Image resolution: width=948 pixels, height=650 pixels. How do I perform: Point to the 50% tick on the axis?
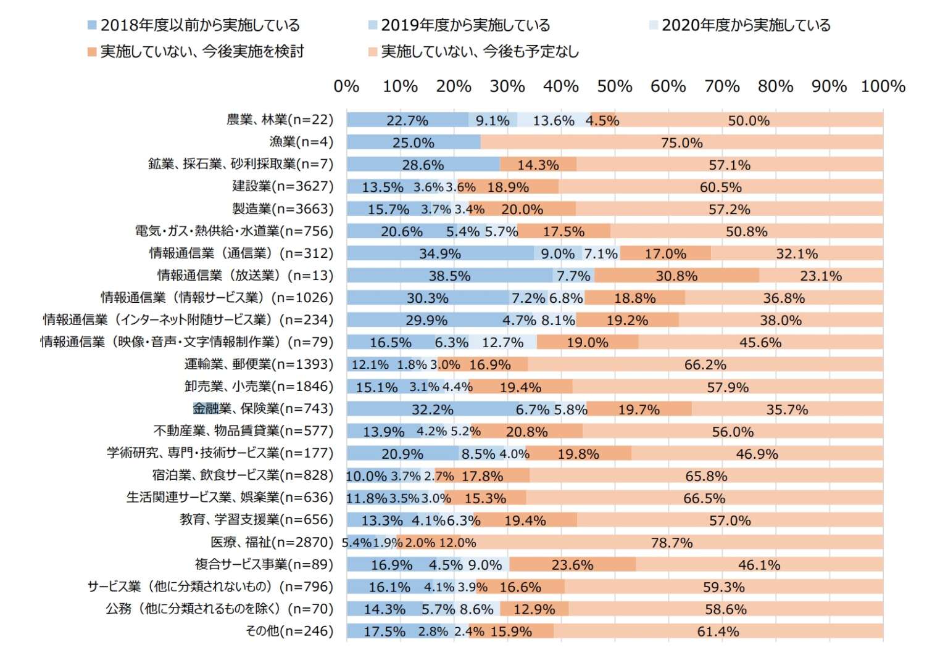coord(614,86)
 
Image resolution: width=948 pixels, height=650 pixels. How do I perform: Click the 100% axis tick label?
coord(883,86)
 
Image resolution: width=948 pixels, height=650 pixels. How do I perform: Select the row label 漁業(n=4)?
coord(301,142)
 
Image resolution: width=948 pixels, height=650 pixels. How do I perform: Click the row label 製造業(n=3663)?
coord(283,208)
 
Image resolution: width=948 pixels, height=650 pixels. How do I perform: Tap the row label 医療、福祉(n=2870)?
coord(272,542)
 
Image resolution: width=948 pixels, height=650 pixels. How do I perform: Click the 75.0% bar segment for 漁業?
coord(681,142)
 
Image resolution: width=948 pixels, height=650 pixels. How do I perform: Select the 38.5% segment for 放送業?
coord(449,276)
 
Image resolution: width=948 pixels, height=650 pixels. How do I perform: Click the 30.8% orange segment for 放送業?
coord(676,276)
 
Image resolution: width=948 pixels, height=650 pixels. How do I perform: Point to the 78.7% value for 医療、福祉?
coord(671,543)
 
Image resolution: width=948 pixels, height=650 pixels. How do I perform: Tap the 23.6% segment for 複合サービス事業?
coord(572,565)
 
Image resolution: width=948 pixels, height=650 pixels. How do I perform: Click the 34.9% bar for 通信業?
coord(439,253)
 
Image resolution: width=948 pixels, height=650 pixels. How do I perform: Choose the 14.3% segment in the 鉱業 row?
coord(538,165)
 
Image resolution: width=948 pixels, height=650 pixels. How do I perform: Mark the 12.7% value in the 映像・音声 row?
coord(502,342)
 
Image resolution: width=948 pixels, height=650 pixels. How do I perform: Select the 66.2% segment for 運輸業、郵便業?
coord(705,365)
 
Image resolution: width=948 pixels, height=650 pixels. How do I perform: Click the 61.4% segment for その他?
coord(718,631)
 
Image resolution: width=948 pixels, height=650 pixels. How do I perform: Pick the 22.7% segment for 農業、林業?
coord(407,120)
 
